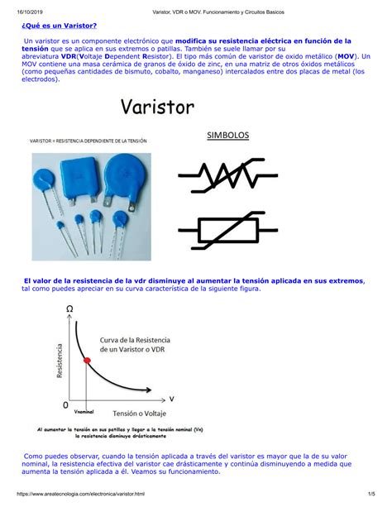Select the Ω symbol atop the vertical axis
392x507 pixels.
tap(69, 309)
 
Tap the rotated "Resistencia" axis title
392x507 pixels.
tap(60, 362)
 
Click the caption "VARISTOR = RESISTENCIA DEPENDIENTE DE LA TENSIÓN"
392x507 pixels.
tap(88, 141)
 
